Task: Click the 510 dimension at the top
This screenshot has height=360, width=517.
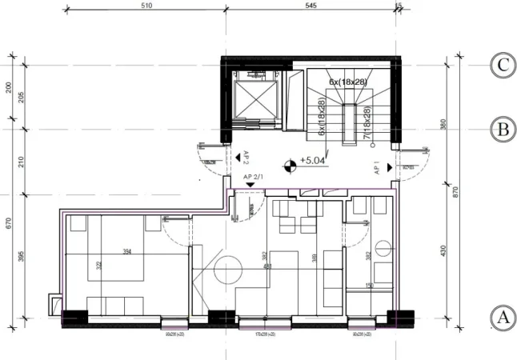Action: [146, 5]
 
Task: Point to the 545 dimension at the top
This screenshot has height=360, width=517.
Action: [311, 5]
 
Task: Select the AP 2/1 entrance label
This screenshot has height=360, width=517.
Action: [251, 175]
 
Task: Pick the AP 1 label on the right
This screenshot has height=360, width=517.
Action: [376, 168]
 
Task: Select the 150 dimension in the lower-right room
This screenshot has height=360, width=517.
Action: [370, 286]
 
